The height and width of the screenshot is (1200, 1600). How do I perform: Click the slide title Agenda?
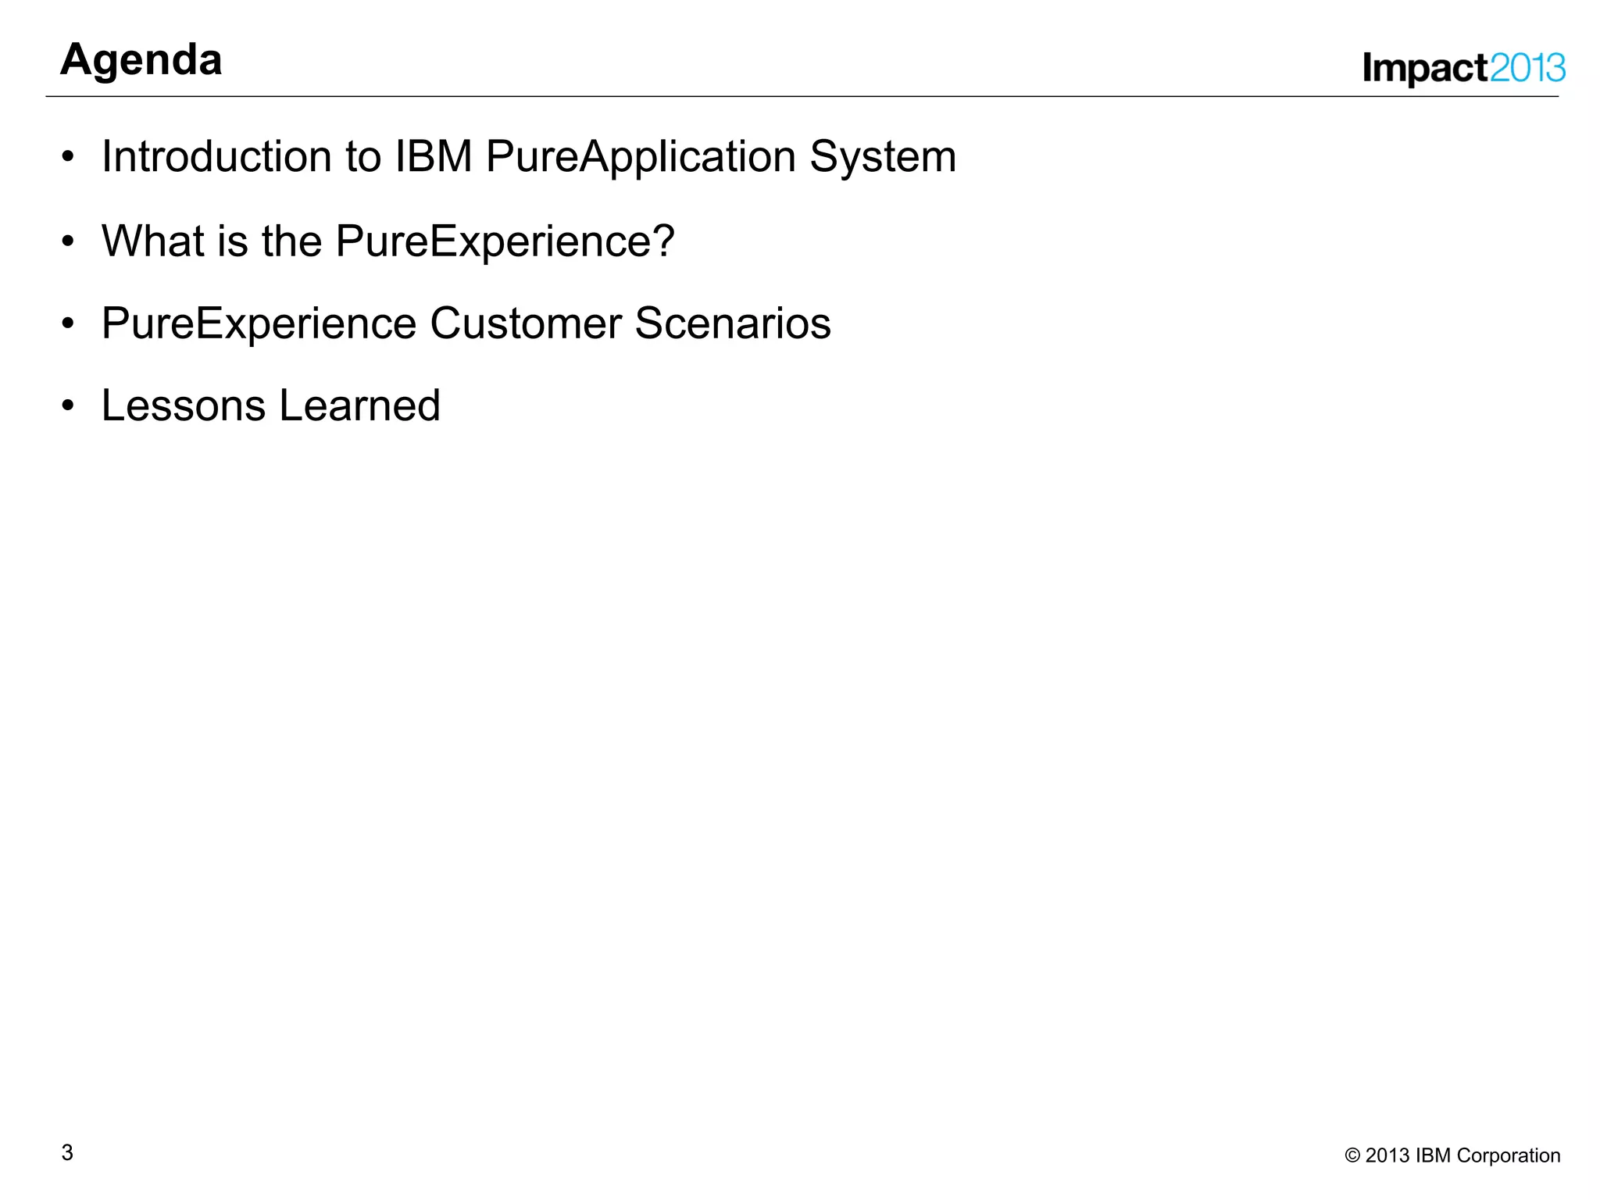pyautogui.click(x=141, y=60)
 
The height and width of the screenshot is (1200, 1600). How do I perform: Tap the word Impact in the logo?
pyautogui.click(x=1425, y=69)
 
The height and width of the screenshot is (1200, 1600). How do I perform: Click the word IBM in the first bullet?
pyautogui.click(x=434, y=156)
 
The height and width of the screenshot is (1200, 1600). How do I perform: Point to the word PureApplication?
pyautogui.click(x=641, y=158)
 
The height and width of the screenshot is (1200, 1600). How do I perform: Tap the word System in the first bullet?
pyautogui.click(x=883, y=158)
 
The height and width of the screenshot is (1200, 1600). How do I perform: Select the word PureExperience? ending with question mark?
pyautogui.click(x=505, y=241)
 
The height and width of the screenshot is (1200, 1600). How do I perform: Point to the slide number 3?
pyautogui.click(x=67, y=1152)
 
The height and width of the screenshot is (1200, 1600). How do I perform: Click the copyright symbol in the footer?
pyautogui.click(x=1352, y=1155)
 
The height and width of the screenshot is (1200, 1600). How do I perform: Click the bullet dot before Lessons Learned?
pyautogui.click(x=68, y=406)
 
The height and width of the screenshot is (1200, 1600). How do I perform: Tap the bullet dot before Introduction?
pyautogui.click(x=68, y=157)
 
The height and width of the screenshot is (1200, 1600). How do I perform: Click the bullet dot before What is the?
pyautogui.click(x=68, y=241)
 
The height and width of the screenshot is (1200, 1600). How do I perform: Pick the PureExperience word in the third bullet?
pyautogui.click(x=259, y=324)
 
